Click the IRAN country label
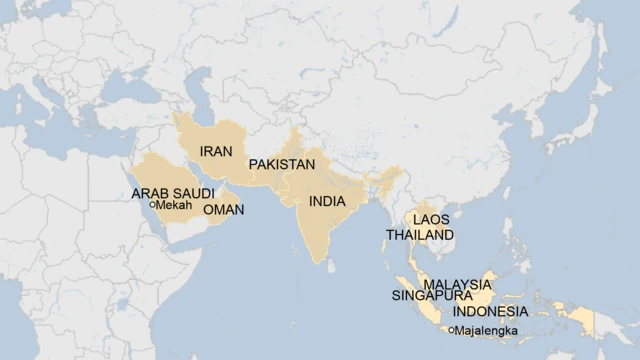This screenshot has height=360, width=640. (x=216, y=151)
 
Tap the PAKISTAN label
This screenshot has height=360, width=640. (x=282, y=164)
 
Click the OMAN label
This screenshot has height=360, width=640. (x=224, y=210)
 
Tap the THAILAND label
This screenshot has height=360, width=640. (x=420, y=235)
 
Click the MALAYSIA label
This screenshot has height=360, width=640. (x=457, y=285)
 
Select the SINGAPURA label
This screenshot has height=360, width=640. (x=431, y=297)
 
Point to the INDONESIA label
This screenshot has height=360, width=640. (x=488, y=311)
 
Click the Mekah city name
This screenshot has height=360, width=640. (x=174, y=205)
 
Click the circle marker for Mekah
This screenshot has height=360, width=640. (x=152, y=205)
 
